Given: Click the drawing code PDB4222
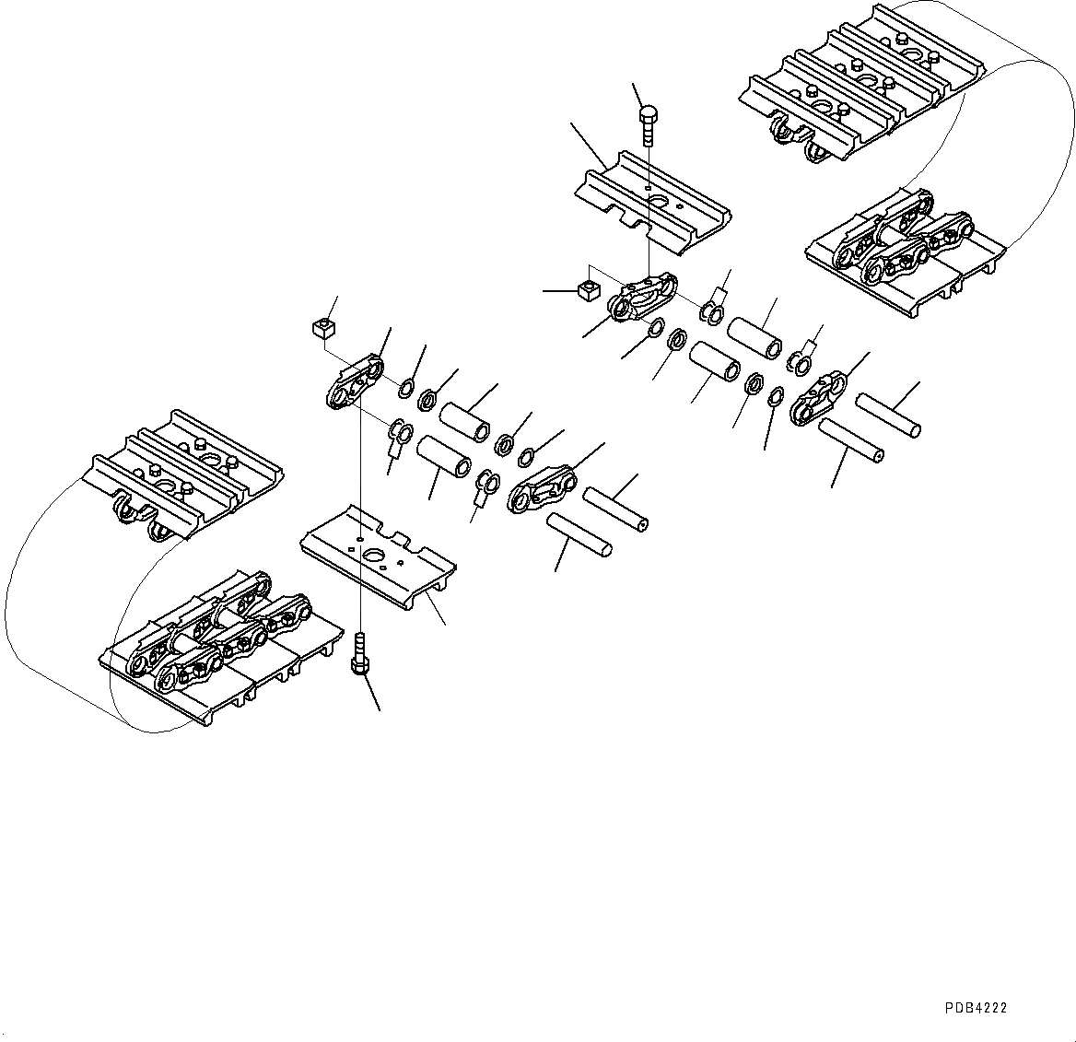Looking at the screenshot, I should (976, 1009).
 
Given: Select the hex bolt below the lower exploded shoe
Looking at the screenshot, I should (359, 654).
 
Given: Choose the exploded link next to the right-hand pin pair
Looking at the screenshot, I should (819, 397).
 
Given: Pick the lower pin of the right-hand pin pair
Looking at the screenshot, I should (850, 440).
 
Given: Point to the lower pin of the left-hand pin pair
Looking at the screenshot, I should (579, 535).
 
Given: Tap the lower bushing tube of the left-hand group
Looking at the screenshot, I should (445, 455).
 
